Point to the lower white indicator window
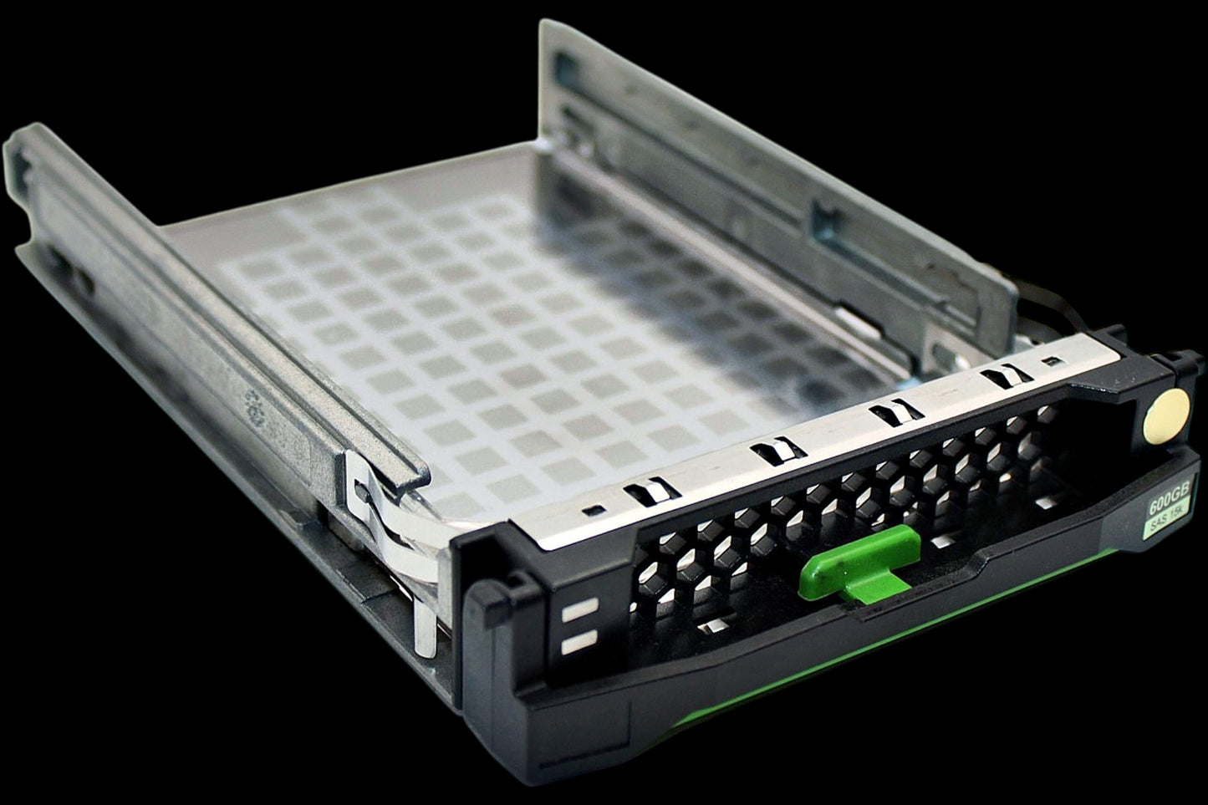pos(579,642)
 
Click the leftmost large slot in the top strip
pos(650,492)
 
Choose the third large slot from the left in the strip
pos(895,411)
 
